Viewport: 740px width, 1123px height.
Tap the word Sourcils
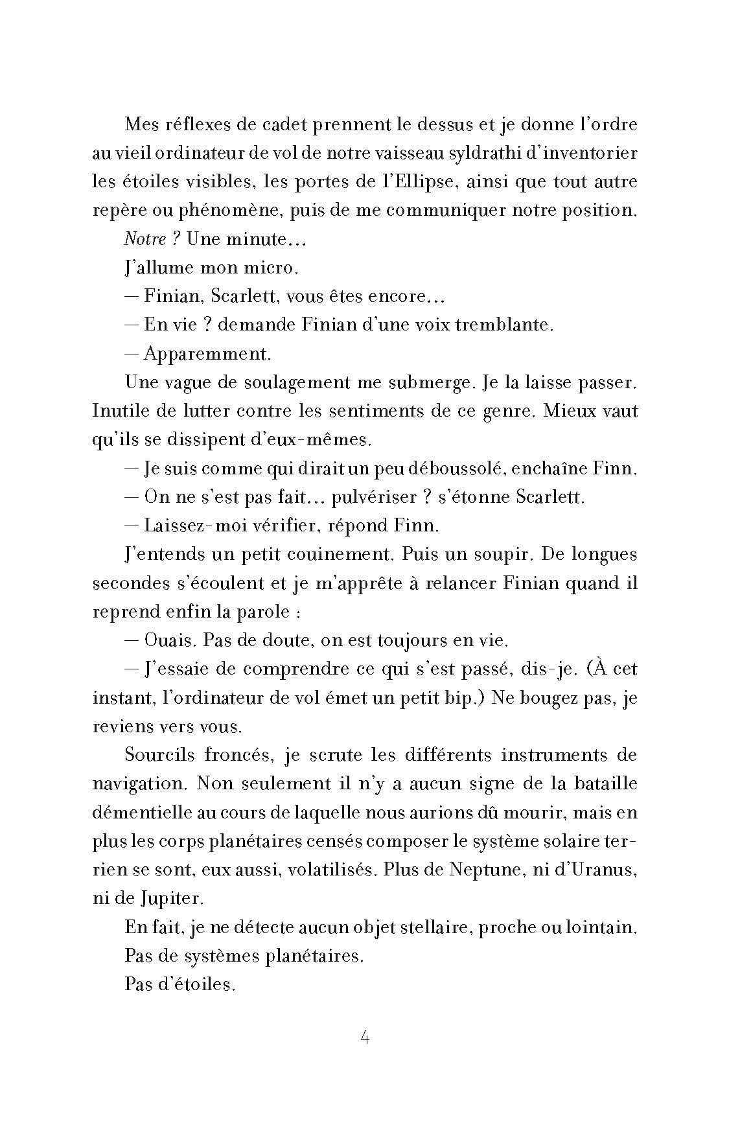155,755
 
